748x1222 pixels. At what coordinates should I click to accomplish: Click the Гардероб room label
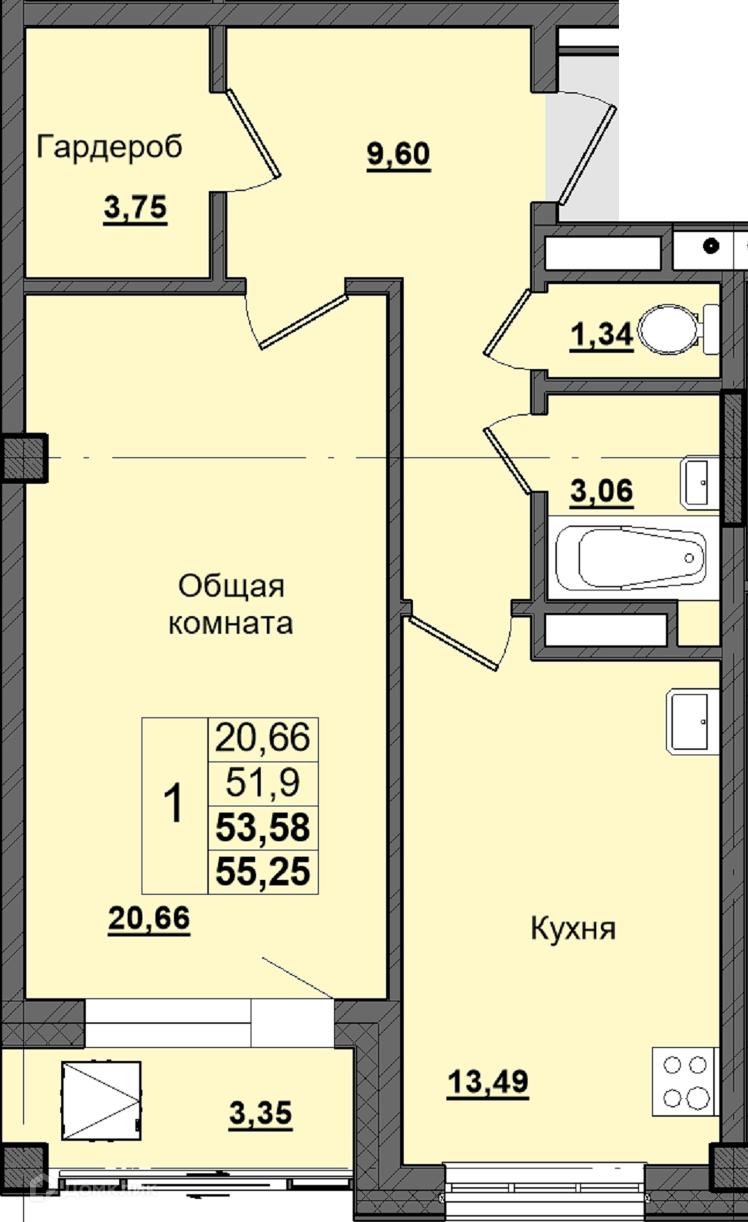109,147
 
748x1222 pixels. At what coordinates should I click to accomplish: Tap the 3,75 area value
135,207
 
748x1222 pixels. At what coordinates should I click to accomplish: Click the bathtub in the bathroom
631,558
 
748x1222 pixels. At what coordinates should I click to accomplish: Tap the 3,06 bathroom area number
601,490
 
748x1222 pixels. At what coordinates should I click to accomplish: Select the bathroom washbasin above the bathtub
699,484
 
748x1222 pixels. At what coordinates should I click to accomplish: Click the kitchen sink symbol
692,722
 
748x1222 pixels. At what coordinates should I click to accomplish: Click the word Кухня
573,928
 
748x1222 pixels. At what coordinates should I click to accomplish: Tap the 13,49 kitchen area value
488,1080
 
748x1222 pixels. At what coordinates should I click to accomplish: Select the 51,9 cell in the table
263,783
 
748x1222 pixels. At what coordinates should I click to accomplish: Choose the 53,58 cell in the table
263,827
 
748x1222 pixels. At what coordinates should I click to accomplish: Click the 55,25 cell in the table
263,871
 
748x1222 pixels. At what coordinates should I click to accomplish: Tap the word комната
231,624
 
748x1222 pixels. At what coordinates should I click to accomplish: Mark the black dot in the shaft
710,246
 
